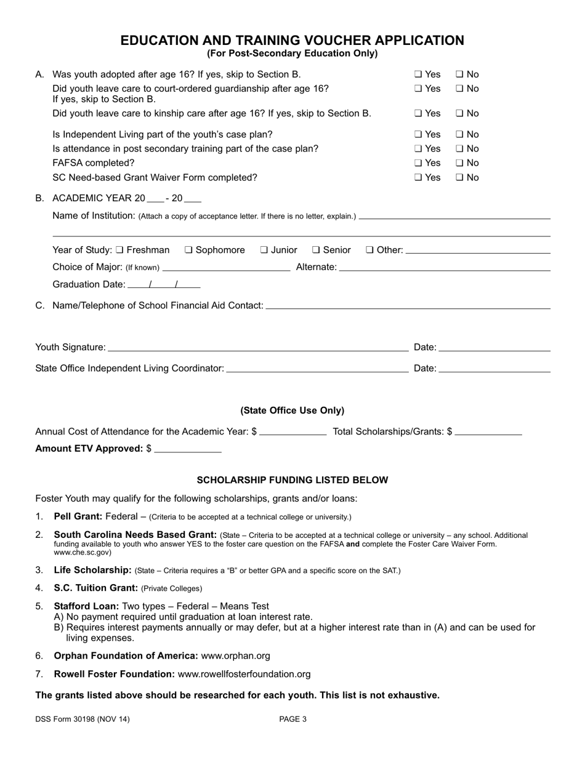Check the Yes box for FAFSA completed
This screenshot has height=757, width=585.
[x=418, y=163]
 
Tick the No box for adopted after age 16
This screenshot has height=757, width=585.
[x=459, y=74]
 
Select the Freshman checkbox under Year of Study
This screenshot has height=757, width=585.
[x=119, y=250]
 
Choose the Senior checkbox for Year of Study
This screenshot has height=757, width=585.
[x=316, y=250]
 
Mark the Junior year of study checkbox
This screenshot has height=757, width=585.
[x=264, y=250]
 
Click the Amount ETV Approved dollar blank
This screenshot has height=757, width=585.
[x=188, y=449]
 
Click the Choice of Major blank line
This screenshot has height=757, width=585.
[x=226, y=267]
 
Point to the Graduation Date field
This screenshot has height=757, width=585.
[x=164, y=284]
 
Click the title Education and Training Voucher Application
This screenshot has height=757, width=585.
[x=292, y=41]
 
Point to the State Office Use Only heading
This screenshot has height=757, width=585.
[x=292, y=411]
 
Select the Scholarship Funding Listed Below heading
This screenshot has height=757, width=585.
[x=292, y=480]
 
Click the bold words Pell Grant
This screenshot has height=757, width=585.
[x=78, y=516]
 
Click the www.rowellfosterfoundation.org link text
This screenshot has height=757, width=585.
[x=244, y=675]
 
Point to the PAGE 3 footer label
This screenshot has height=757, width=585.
[x=292, y=719]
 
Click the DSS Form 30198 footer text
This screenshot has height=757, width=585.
[x=83, y=719]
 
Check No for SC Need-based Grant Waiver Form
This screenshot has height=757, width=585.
[x=459, y=178]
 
